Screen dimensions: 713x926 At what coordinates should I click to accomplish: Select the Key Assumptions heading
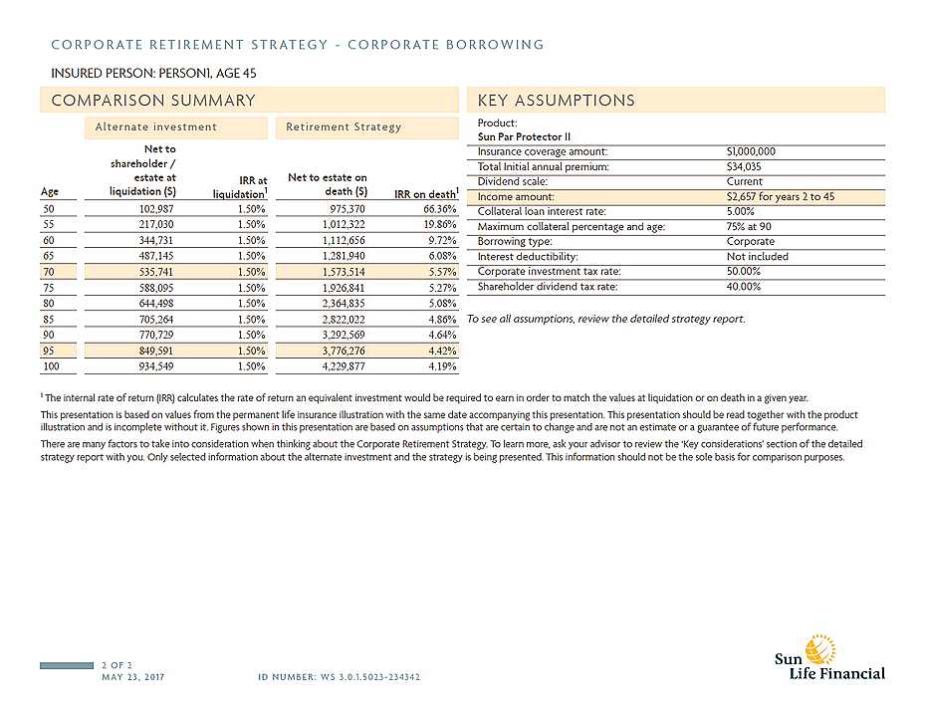coord(556,101)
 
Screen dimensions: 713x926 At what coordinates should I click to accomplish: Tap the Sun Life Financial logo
coord(829,657)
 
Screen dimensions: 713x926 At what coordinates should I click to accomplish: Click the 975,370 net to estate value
coord(344,210)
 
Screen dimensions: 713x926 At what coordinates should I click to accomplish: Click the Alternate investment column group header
coord(155,126)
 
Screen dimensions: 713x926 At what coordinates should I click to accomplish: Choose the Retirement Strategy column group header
coord(344,126)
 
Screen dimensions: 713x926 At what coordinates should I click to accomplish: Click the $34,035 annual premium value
coord(745,166)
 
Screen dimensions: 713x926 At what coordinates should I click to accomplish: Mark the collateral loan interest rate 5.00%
coord(743,211)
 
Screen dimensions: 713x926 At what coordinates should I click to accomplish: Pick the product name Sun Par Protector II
coord(524,135)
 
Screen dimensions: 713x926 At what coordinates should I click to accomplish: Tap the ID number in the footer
coord(338,677)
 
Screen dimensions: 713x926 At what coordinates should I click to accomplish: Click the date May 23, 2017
coord(132,677)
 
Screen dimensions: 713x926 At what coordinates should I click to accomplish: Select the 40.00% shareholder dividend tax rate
coord(745,286)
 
